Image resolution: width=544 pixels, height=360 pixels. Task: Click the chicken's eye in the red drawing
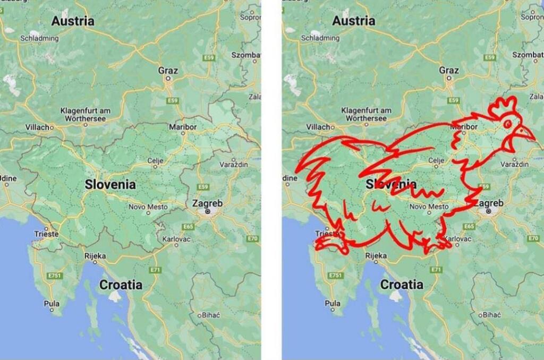(x=508, y=124)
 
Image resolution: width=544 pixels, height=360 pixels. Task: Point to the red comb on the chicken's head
(x=503, y=108)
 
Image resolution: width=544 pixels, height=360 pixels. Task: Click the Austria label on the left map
(x=73, y=21)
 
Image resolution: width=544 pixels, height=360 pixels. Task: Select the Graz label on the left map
(x=168, y=70)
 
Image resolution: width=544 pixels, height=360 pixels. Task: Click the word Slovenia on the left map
(x=110, y=185)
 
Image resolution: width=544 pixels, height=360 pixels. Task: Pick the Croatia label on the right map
(x=402, y=285)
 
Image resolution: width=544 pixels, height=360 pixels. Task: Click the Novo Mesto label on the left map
(x=148, y=207)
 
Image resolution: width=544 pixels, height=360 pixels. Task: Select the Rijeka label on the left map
(x=95, y=256)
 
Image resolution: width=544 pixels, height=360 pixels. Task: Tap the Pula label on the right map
(x=333, y=304)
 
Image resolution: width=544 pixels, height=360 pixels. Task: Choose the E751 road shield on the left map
(x=55, y=276)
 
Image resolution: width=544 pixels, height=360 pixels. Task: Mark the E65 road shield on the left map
(x=188, y=226)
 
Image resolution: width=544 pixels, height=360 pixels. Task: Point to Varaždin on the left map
(x=234, y=164)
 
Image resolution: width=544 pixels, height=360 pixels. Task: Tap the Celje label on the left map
(x=155, y=160)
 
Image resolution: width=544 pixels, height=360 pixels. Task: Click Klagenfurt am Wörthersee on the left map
(x=85, y=114)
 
